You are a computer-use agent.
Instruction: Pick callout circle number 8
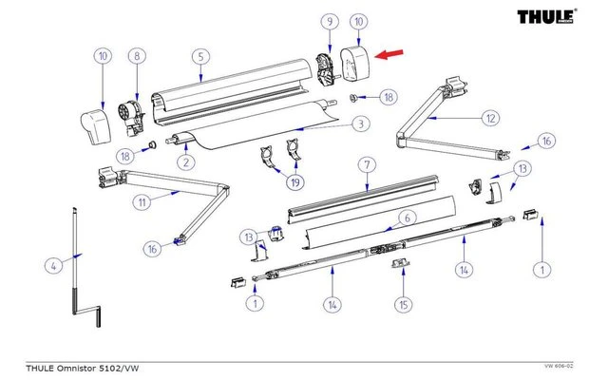coord(137,56)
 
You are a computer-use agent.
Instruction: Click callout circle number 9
coord(330,21)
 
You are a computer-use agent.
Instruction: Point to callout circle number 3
coord(360,123)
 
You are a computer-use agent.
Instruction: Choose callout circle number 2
coord(186,162)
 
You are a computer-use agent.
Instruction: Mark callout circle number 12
coord(489,119)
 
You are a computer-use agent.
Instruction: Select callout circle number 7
coord(368,166)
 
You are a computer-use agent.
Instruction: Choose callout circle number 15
coord(404,304)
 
